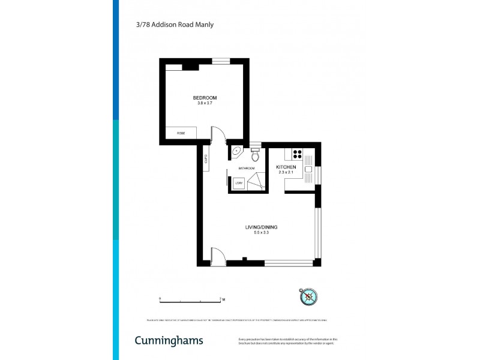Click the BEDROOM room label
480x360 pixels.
tap(205, 98)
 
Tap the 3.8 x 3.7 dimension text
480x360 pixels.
tap(205, 103)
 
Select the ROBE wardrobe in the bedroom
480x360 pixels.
tap(181, 133)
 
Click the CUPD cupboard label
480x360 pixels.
tap(206, 159)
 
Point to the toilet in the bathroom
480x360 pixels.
tap(255, 157)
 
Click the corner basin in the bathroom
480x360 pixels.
tap(236, 151)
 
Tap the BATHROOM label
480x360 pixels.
tap(247, 169)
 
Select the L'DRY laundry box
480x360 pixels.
tap(239, 184)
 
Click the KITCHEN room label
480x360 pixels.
tap(286, 167)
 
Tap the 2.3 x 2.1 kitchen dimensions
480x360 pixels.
tap(286, 172)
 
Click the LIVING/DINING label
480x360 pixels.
tap(261, 227)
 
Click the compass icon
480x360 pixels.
tap(308, 295)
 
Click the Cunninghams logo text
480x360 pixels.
tap(168, 341)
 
